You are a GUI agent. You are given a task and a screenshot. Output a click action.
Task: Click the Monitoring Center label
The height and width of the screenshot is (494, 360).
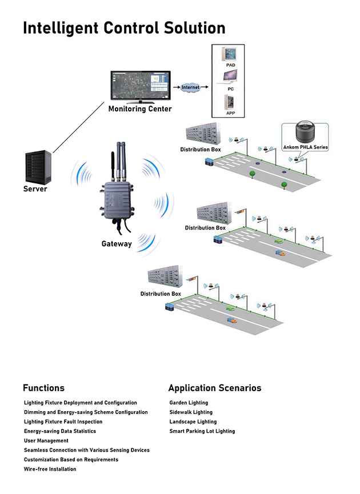[x=140, y=109]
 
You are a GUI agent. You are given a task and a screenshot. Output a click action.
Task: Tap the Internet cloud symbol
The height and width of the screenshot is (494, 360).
[x=190, y=87]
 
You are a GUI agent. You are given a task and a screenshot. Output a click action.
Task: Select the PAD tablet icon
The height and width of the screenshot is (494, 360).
[x=230, y=55]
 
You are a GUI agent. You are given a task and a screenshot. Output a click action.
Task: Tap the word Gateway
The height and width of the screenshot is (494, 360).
[x=117, y=244]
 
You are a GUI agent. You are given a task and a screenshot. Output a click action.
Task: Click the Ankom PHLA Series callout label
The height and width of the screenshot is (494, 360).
[x=306, y=147]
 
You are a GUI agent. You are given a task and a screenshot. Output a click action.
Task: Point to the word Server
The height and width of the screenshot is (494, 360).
[x=35, y=189]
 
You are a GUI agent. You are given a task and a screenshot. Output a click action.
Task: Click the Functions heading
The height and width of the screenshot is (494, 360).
[x=43, y=388]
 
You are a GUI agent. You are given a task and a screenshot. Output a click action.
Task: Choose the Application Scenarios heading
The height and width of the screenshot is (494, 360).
[x=214, y=388]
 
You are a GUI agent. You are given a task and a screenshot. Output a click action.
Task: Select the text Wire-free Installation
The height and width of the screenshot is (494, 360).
[x=50, y=469]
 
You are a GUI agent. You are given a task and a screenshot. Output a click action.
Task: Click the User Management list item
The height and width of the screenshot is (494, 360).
[x=46, y=441]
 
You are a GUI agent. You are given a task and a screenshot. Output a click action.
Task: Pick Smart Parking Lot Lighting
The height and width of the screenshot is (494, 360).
[x=202, y=431]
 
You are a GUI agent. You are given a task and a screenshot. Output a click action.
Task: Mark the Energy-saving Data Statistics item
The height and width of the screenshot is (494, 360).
[x=60, y=431]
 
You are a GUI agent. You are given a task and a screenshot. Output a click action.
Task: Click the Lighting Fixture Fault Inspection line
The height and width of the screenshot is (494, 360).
[x=63, y=421]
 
